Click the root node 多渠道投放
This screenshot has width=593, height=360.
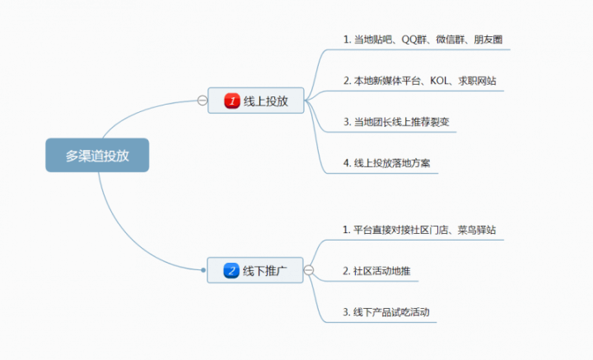(97, 155)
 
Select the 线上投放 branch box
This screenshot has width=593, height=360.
(255, 101)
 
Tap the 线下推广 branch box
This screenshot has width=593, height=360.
(255, 270)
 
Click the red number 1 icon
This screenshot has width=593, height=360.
(233, 101)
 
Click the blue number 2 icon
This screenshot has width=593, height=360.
(233, 270)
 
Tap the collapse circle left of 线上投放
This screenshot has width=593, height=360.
(202, 101)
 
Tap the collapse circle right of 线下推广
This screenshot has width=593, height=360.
(309, 270)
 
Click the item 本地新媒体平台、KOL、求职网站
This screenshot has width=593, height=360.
(419, 81)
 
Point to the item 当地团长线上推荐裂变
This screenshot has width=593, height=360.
(395, 122)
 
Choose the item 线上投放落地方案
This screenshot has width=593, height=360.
(390, 163)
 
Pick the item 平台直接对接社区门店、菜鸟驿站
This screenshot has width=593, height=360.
(418, 229)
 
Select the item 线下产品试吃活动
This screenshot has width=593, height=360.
(385, 312)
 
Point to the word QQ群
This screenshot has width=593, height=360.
(413, 39)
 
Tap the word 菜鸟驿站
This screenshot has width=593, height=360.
(477, 229)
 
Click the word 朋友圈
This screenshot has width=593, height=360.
(489, 39)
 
